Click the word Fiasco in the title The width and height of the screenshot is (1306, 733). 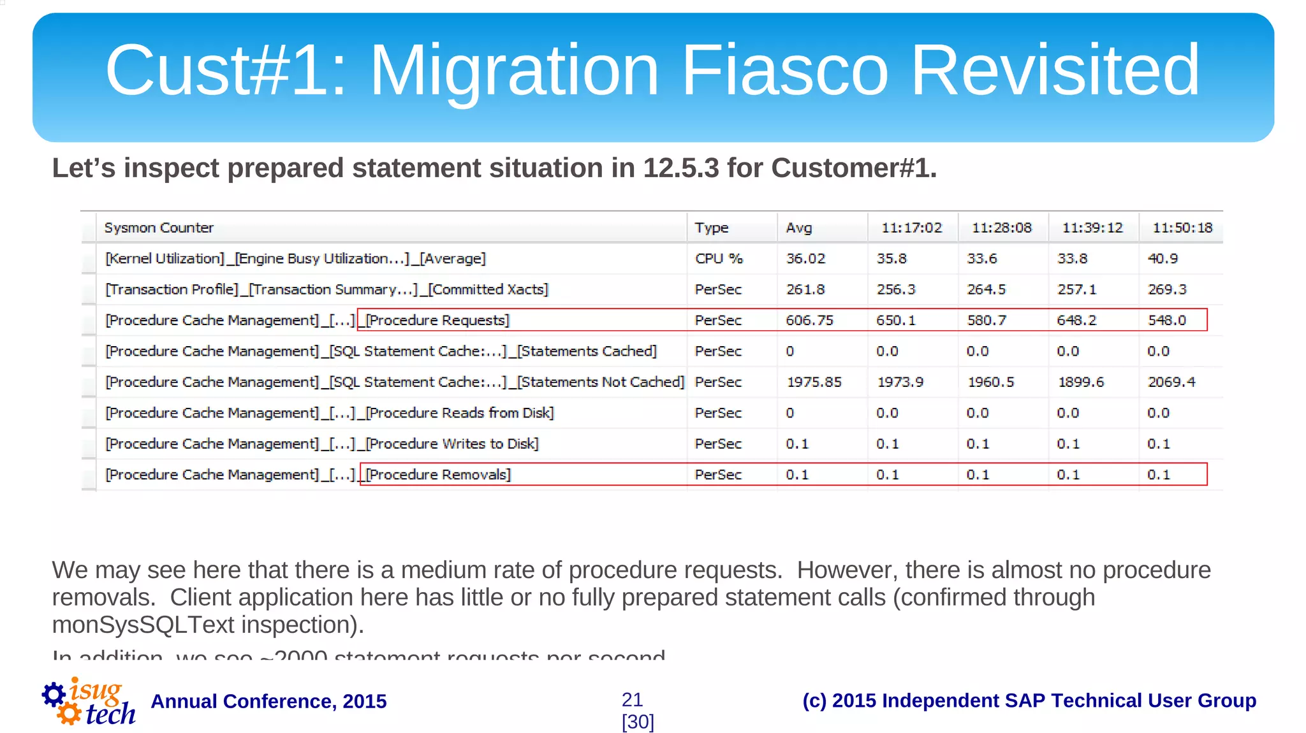pos(784,69)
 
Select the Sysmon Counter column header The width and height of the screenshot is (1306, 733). pos(159,228)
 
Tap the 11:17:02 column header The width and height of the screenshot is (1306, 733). pos(911,228)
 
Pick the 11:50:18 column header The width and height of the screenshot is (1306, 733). pos(1182,228)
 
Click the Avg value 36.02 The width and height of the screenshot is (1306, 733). pos(805,259)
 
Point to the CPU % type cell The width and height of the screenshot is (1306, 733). pos(719,259)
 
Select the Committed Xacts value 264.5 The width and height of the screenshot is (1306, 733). pos(986,289)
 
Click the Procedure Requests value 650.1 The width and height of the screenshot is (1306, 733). pos(895,320)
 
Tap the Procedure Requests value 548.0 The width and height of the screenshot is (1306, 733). pos(1167,320)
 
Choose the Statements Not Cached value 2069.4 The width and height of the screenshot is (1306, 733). pos(1171,382)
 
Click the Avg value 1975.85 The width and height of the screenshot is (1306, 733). pos(814,382)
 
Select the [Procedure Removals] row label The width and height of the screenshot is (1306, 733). pos(438,475)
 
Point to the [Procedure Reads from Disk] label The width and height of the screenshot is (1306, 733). pos(460,413)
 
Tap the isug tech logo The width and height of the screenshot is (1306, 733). pos(89,702)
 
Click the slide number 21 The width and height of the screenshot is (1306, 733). pos(632,700)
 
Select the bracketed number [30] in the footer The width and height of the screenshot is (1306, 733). pos(638,722)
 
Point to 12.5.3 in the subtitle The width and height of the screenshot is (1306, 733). pos(681,168)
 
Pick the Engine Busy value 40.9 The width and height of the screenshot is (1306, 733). pos(1163,259)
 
